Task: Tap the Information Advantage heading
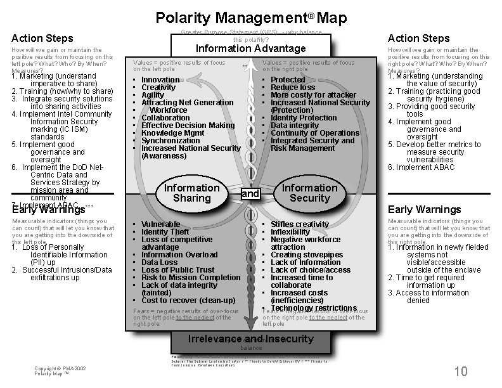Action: coord(250,49)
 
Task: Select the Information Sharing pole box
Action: coord(191,193)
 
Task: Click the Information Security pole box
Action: coord(309,193)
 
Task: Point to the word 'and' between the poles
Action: coord(250,193)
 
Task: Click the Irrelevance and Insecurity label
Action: coord(250,339)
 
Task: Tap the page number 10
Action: coord(461,371)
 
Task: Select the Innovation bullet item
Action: coord(160,80)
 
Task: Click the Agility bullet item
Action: coord(153,95)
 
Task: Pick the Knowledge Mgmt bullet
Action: coord(172,133)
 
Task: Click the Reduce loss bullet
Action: coord(293,87)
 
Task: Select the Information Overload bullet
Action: coord(179,255)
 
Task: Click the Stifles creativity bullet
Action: coord(300,224)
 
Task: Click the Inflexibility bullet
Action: coord(290,232)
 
